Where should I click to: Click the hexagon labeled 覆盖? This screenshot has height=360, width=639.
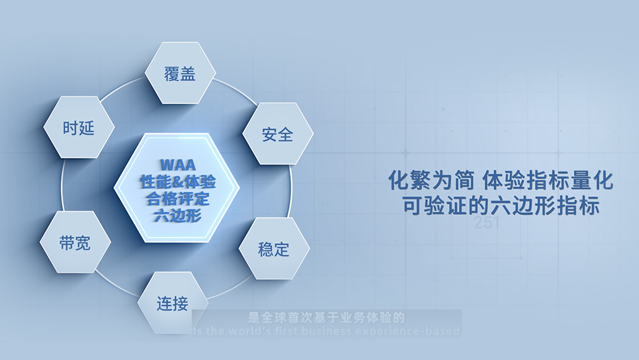tap(180, 73)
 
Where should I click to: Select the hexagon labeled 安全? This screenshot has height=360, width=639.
tap(277, 133)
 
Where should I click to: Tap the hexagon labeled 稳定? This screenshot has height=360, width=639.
tap(274, 249)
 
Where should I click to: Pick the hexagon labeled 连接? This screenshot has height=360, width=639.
tap(173, 303)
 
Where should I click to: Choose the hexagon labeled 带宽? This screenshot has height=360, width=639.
tap(75, 242)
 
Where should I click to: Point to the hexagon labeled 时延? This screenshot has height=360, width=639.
tap(78, 128)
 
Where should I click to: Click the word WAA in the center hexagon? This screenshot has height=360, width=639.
tap(177, 165)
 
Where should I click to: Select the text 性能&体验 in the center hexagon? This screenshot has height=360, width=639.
tap(177, 182)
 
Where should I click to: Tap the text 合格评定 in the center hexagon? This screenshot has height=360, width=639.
tap(177, 199)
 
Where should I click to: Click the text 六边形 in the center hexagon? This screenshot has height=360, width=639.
tap(177, 216)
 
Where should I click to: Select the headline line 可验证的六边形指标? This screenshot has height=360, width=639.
tap(501, 206)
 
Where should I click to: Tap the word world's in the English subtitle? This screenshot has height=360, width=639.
tap(252, 331)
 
